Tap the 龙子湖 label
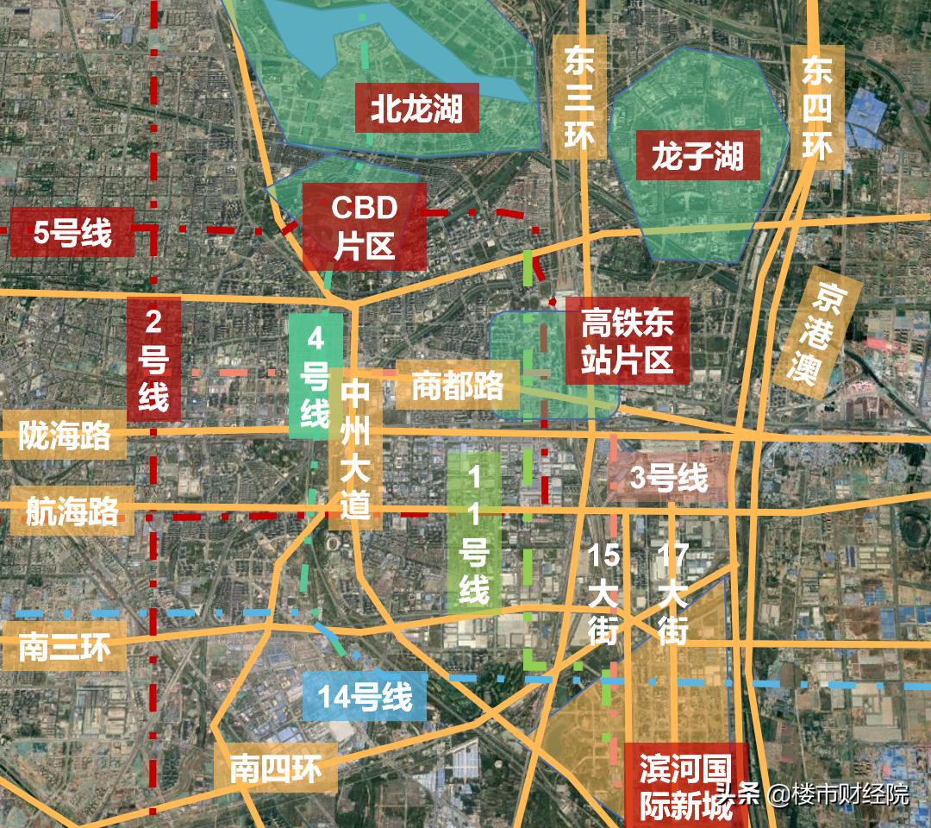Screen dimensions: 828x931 coord(697,155)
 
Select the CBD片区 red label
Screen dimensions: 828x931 coord(364,226)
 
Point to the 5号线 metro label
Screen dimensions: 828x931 coord(72,232)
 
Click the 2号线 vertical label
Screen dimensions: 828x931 coord(154,359)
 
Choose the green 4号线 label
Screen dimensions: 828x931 coord(315,375)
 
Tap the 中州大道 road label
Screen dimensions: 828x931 coord(354,449)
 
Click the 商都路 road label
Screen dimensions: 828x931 coord(457,385)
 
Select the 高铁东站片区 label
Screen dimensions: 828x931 coord(627,341)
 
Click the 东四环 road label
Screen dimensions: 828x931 coord(815,107)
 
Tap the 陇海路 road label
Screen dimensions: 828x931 coord(65,436)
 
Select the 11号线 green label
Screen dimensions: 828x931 coord(473,534)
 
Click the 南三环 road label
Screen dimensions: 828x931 coord(64,646)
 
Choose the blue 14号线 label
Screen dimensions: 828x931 coord(365,696)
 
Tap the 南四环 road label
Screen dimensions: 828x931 coord(274,768)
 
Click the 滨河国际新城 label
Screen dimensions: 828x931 coord(685,786)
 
